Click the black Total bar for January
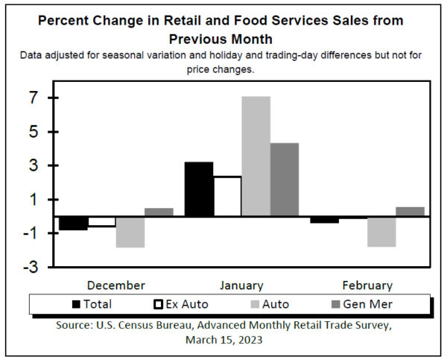click(199, 189)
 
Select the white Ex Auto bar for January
click(227, 197)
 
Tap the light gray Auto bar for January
click(256, 157)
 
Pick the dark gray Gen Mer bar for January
click(284, 180)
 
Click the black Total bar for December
click(74, 224)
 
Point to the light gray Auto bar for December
click(130, 232)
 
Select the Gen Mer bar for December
click(159, 212)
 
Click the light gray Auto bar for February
click(381, 232)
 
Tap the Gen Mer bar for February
click(410, 212)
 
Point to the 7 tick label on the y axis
click(33, 98)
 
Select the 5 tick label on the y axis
click(33, 132)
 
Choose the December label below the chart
click(116, 285)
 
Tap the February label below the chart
click(367, 285)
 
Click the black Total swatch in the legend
click(76, 304)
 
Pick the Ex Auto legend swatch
click(158, 304)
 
